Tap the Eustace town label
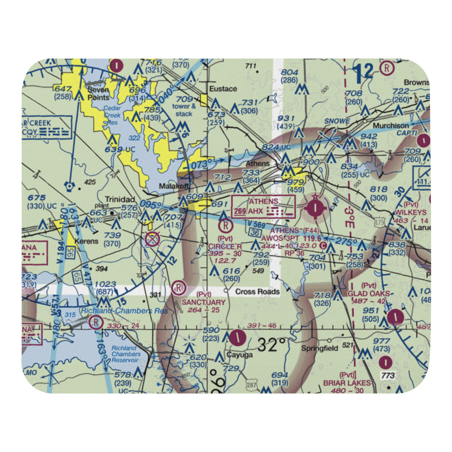[x=223, y=89]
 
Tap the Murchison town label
[x=391, y=125]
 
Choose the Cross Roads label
[x=257, y=292]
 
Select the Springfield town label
[x=320, y=348]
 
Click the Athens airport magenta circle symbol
[x=314, y=208]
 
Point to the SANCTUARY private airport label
[x=203, y=302]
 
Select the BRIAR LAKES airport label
[x=347, y=383]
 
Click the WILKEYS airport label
[x=410, y=212]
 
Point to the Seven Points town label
[x=98, y=94]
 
